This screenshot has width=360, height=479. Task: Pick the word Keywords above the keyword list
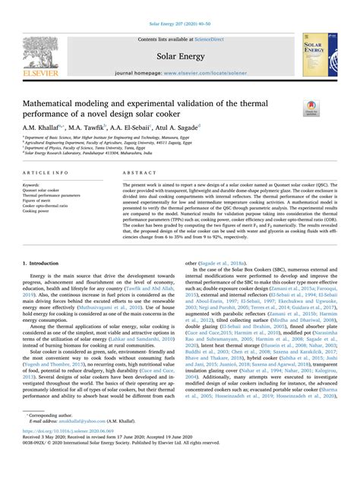click(33, 184)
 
